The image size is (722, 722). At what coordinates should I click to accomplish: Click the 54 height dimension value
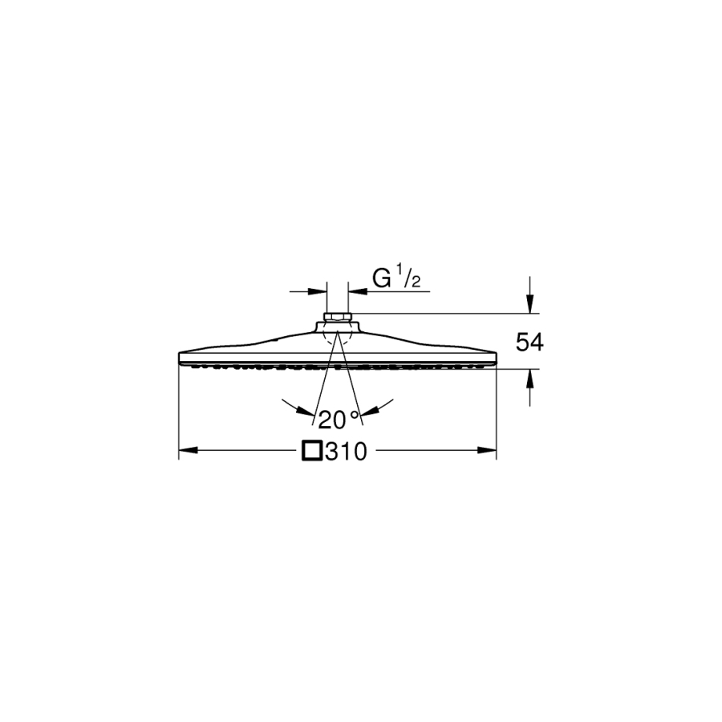click(529, 343)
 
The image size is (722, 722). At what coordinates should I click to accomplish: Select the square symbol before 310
click(312, 451)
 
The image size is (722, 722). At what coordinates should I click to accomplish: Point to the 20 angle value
click(331, 420)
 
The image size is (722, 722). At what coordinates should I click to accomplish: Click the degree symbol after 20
click(354, 414)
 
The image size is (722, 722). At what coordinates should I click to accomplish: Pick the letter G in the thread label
click(381, 278)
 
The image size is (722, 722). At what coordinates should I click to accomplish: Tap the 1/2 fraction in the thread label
click(409, 279)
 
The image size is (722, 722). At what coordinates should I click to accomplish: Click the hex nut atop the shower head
click(338, 317)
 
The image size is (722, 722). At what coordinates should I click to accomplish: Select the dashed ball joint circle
click(338, 335)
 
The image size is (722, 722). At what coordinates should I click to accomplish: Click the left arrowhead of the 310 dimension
click(188, 450)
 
